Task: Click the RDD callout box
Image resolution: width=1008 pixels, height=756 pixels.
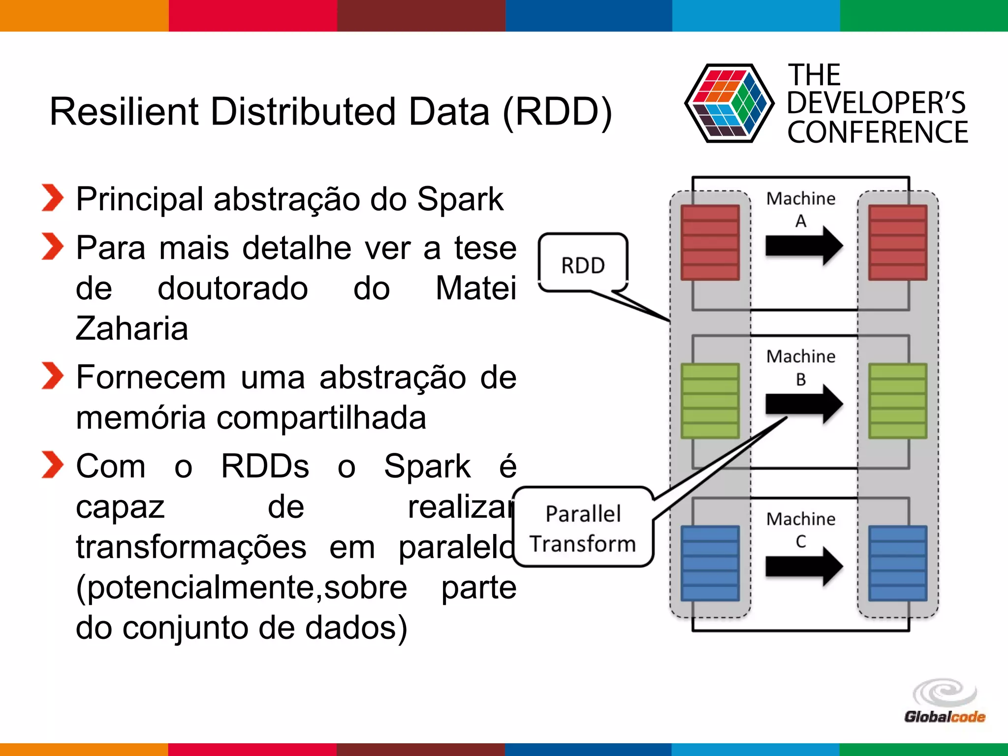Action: [x=583, y=264]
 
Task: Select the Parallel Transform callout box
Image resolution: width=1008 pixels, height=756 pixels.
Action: [x=583, y=528]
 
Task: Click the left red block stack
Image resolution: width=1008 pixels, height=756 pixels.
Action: [x=710, y=243]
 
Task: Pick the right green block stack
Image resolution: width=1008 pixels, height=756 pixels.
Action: [x=898, y=401]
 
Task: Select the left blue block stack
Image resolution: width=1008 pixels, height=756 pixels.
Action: [x=710, y=563]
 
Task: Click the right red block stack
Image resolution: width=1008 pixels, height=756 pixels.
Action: [x=898, y=243]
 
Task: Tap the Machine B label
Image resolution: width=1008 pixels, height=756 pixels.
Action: [x=801, y=367]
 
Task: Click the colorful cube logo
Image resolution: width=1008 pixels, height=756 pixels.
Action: [x=729, y=103]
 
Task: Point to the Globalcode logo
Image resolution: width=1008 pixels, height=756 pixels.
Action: [x=945, y=702]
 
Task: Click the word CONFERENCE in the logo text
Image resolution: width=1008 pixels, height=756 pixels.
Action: [x=877, y=133]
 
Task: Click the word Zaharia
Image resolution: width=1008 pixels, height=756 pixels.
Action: [x=132, y=328]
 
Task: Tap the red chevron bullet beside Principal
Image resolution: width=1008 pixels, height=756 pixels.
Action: [x=52, y=198]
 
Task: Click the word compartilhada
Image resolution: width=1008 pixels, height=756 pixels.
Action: [x=321, y=418]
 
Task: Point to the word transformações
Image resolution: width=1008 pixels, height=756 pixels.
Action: [x=191, y=547]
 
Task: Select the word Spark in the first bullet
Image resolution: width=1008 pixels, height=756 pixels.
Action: [x=460, y=199]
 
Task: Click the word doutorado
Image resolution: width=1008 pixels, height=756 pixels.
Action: [x=233, y=288]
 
